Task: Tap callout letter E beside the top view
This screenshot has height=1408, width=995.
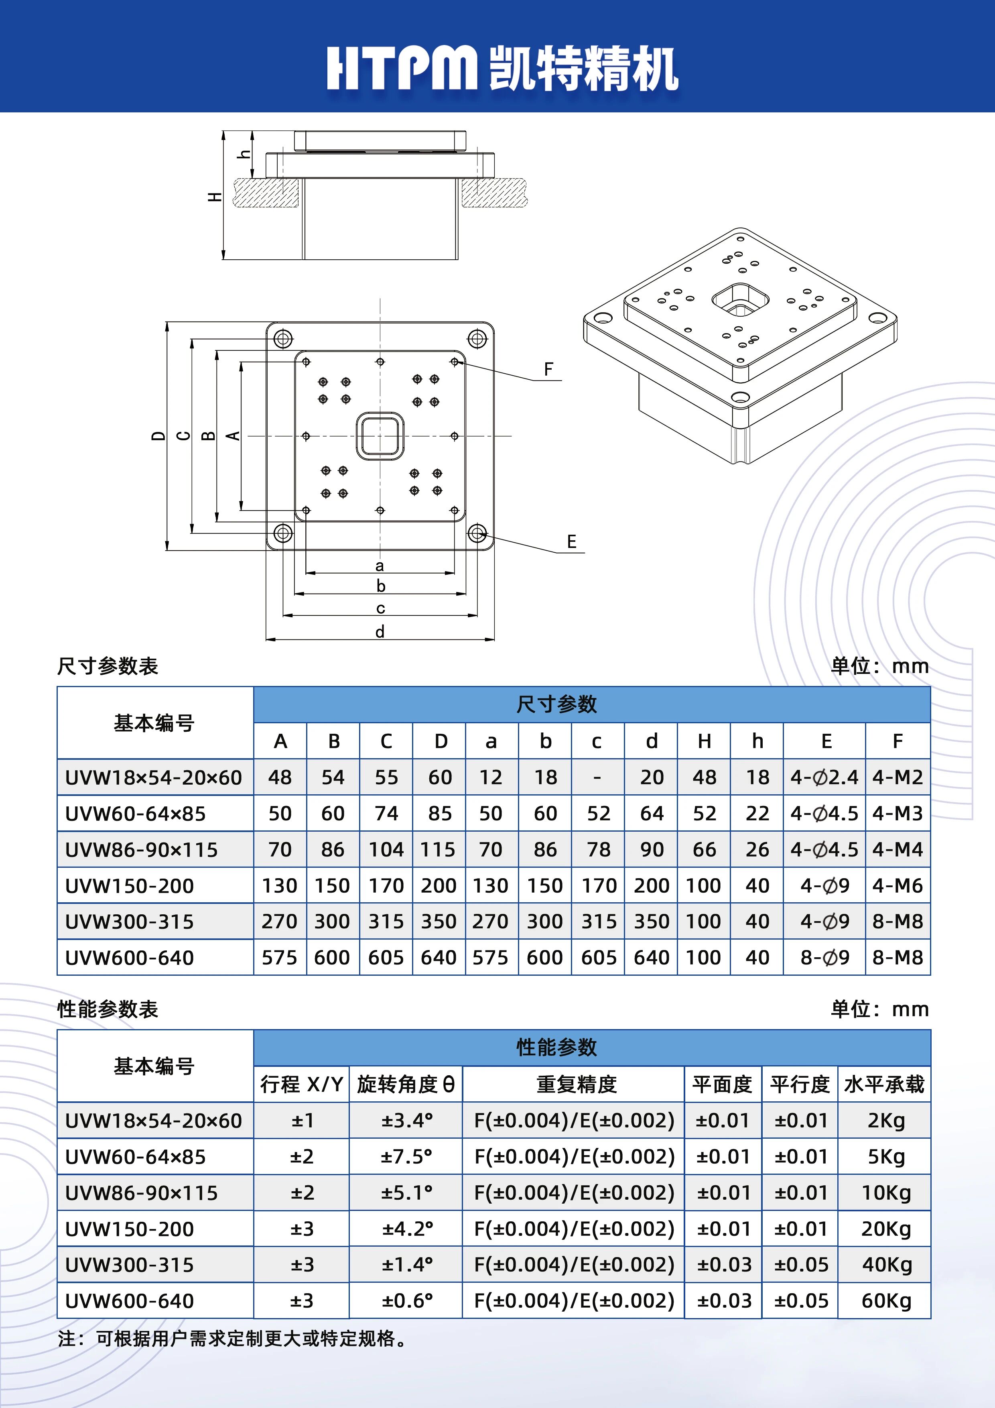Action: pyautogui.click(x=571, y=541)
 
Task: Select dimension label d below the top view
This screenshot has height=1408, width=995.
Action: pyautogui.click(x=380, y=632)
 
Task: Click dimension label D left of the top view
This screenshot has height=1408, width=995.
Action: pyautogui.click(x=158, y=436)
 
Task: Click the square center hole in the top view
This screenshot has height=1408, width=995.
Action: pyautogui.click(x=380, y=436)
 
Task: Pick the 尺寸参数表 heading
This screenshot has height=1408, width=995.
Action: pyautogui.click(x=108, y=666)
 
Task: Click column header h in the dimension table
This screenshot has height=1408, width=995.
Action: pyautogui.click(x=757, y=741)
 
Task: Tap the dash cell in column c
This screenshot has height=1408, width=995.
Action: pyautogui.click(x=598, y=777)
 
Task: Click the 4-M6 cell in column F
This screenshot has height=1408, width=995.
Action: pyautogui.click(x=898, y=885)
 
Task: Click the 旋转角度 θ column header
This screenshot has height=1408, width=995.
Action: pyautogui.click(x=406, y=1084)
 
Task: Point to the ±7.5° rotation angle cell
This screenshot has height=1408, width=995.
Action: pyautogui.click(x=406, y=1157)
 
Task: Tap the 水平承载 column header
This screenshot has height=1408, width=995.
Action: pyautogui.click(x=884, y=1084)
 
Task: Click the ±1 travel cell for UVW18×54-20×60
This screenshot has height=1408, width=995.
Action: pyautogui.click(x=302, y=1120)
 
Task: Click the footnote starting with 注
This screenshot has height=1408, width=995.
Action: pyautogui.click(x=233, y=1338)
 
